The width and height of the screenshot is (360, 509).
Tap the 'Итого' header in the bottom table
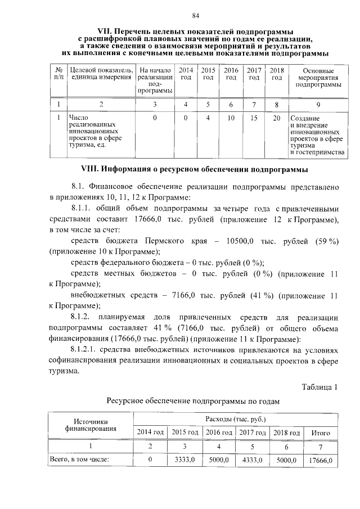320,433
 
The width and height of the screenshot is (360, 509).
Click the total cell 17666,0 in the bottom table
320,460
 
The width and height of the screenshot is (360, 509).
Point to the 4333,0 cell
253,460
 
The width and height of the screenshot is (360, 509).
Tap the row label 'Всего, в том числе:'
78,460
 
